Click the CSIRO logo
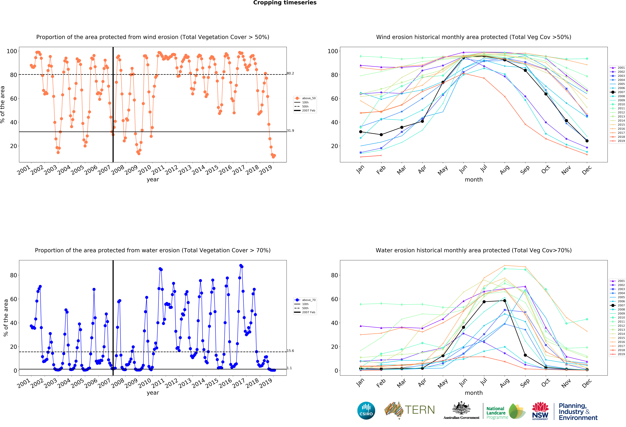(x=366, y=411)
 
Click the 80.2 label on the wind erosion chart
(x=290, y=73)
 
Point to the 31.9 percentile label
(x=290, y=131)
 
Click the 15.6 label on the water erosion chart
(x=290, y=351)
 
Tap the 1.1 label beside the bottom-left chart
(x=289, y=368)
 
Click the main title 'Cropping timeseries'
(x=285, y=3)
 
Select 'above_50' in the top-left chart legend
(x=309, y=98)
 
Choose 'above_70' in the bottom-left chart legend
(x=309, y=300)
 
